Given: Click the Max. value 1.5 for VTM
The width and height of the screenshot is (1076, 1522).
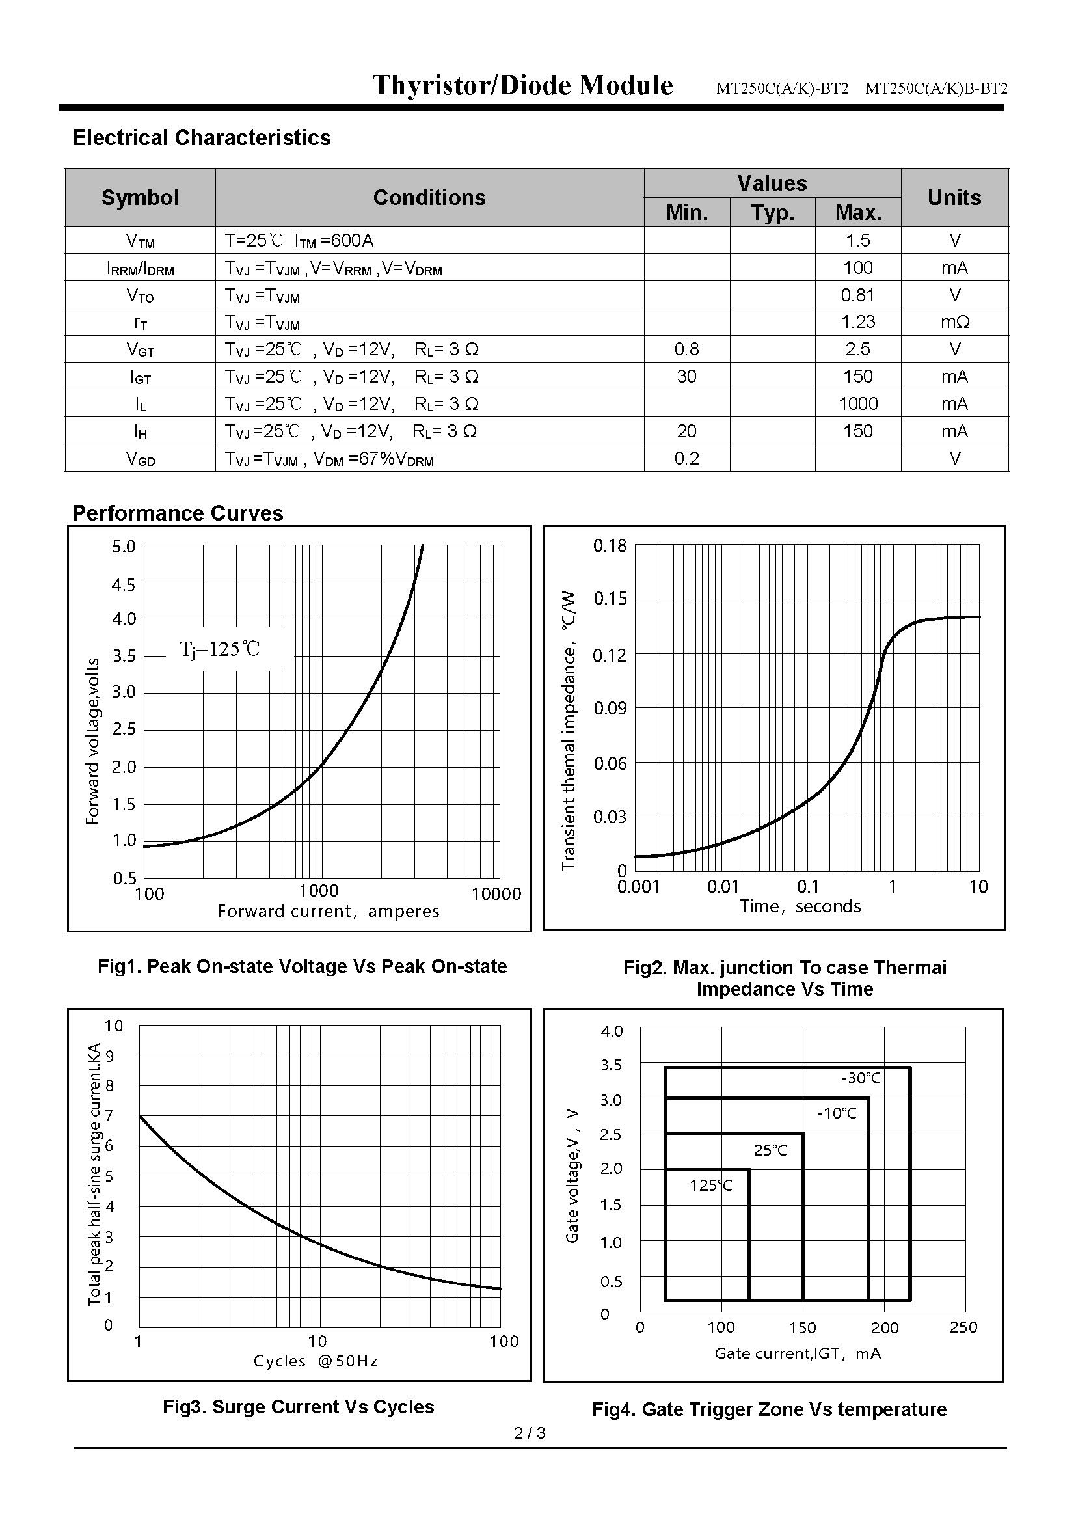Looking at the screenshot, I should pos(857,241).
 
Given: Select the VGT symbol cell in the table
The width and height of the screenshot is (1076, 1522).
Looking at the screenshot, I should pos(141,349).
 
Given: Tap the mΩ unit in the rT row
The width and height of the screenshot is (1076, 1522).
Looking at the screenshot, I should pos(954,322).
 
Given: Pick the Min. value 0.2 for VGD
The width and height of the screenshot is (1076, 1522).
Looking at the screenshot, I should pos(686,458).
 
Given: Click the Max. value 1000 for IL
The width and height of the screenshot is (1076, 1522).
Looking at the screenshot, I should pos(857,403).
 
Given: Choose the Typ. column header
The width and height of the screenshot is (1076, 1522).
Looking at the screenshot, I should pos(773,213).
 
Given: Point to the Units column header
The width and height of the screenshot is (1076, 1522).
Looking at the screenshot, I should pos(954,198).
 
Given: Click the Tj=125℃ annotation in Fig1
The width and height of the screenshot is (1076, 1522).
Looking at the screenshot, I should pos(219,649).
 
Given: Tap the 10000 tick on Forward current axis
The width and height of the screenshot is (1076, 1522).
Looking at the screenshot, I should pos(496,894).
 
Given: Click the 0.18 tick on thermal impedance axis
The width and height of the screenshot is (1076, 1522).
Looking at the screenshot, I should pos(610,545).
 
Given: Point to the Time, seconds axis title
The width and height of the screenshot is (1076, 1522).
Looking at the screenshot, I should pos(800,906).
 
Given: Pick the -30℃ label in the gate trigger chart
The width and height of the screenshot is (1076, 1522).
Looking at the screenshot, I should pos(861,1078).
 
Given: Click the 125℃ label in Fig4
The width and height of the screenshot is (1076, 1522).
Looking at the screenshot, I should pos(711,1185).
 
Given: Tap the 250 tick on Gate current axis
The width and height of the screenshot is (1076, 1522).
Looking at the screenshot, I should pos(963,1327).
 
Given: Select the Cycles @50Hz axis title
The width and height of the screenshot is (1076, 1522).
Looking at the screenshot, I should pos(316,1361).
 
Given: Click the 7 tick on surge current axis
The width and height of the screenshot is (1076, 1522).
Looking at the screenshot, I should pos(110,1116).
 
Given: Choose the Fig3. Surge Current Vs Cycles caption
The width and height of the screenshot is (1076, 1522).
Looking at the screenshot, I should pos(298,1407).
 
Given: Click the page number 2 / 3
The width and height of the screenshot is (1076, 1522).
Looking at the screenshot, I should pos(530,1433).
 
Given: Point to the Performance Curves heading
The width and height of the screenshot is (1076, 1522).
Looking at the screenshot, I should pos(178,513).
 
